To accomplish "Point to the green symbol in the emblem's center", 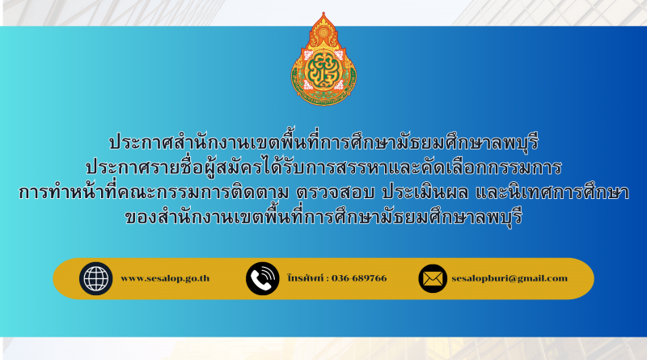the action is [324, 71].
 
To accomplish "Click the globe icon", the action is [95, 278].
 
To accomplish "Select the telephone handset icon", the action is [262, 278].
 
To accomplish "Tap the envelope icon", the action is [433, 278].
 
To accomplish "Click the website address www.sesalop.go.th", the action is [165, 278].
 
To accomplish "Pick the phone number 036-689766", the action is [359, 278].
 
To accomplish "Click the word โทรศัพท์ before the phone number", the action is [306, 278].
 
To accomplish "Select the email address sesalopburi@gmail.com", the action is [510, 278].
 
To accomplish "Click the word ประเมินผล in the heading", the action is [425, 193].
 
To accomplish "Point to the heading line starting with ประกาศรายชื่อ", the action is [323, 167].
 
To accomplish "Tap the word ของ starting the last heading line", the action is [139, 218].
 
